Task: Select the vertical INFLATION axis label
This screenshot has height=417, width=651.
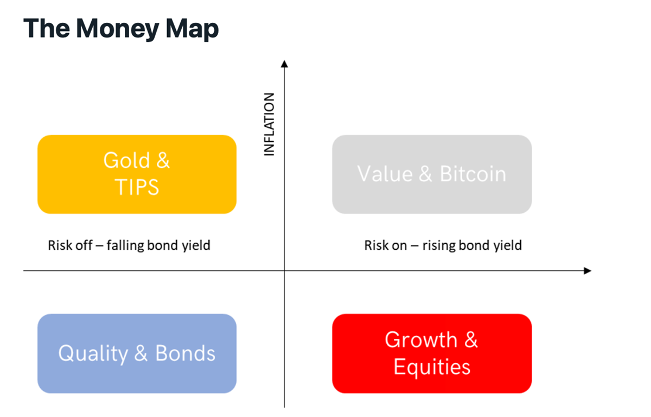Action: tap(269, 124)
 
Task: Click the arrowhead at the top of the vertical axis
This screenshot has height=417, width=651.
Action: tap(284, 64)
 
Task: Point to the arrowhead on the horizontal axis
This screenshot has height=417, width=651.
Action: tap(588, 271)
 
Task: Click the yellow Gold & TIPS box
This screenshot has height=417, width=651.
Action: tap(137, 174)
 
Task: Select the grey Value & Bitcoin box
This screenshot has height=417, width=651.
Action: tap(432, 174)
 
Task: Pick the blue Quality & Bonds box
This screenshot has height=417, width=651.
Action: tap(137, 353)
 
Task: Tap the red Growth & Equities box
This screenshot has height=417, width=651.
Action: tap(432, 353)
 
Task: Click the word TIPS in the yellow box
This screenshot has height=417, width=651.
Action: tap(137, 187)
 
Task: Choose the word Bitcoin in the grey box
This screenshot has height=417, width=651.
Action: tap(473, 174)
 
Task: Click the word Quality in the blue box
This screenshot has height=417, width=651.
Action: tap(93, 354)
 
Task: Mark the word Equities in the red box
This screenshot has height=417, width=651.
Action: tap(432, 367)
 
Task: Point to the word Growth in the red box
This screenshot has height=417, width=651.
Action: tap(421, 340)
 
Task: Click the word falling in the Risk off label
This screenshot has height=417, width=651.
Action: tap(125, 245)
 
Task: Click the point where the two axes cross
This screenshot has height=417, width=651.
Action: tap(284, 271)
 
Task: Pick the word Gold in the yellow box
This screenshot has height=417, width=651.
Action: tap(127, 160)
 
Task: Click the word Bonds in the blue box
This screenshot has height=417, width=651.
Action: tap(185, 353)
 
